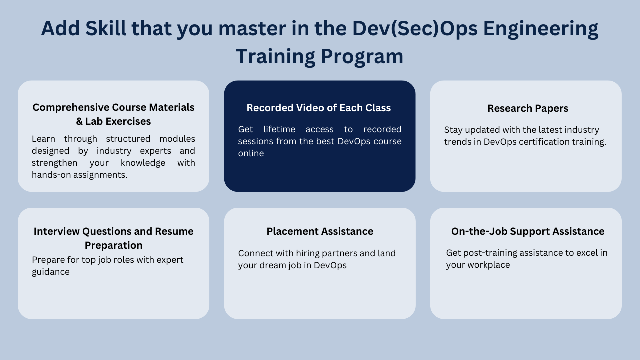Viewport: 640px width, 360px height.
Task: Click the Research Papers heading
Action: (x=528, y=108)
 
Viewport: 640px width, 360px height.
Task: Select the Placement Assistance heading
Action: (x=320, y=231)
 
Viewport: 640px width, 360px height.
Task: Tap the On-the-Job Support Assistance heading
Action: (x=528, y=231)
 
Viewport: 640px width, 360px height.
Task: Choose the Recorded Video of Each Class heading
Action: (x=319, y=108)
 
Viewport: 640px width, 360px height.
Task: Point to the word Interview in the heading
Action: (x=56, y=231)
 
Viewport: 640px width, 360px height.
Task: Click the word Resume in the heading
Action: (x=174, y=231)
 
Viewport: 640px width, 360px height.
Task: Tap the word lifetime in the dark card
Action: (x=282, y=129)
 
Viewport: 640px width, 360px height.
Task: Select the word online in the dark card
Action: (x=251, y=153)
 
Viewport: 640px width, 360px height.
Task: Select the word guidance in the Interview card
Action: (x=51, y=272)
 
